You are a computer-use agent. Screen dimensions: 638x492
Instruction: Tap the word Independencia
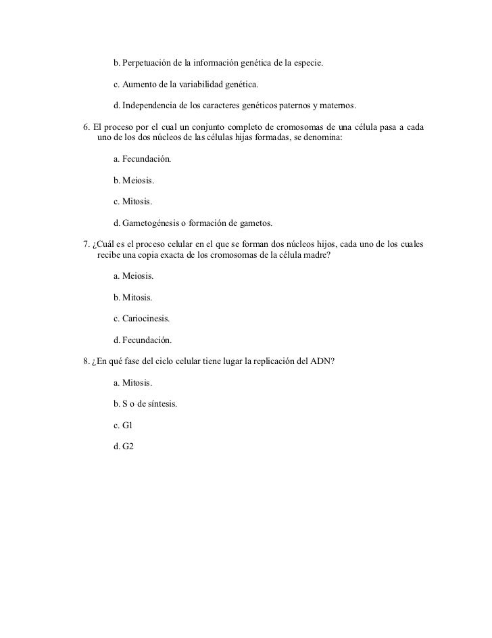coord(153,107)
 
